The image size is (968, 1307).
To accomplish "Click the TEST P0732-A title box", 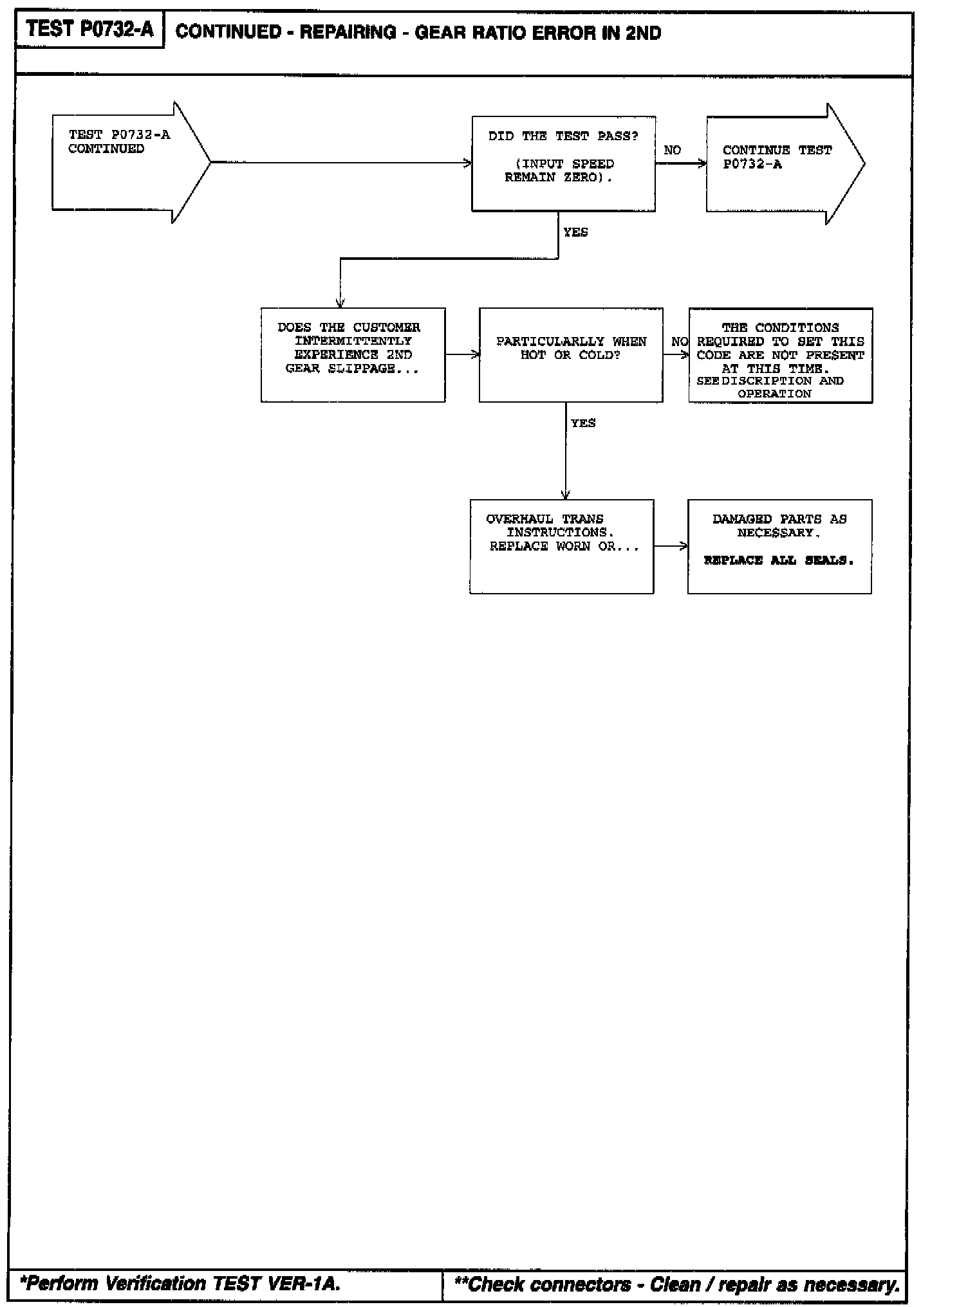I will pos(89,30).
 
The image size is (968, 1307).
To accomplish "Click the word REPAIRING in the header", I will pos(348,33).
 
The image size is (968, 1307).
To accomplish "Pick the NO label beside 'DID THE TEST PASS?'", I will pos(672,151).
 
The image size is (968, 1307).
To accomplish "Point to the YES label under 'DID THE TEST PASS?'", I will pos(575,232).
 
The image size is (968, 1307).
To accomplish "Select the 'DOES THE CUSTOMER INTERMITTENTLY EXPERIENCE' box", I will pos(353,355).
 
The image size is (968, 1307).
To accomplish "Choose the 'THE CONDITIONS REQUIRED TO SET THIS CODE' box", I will pos(780,355).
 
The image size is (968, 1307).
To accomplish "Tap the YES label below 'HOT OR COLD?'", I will pos(583,423).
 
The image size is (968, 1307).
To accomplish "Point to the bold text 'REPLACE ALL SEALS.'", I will pos(779,560).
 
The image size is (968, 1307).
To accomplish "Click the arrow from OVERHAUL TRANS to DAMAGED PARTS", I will pos(671,546).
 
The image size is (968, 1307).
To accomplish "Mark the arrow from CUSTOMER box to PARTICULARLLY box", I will pos(462,354).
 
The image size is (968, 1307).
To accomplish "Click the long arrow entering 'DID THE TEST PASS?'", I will pos(341,163).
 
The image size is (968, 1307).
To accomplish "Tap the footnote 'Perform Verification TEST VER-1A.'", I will pos(180,1283).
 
